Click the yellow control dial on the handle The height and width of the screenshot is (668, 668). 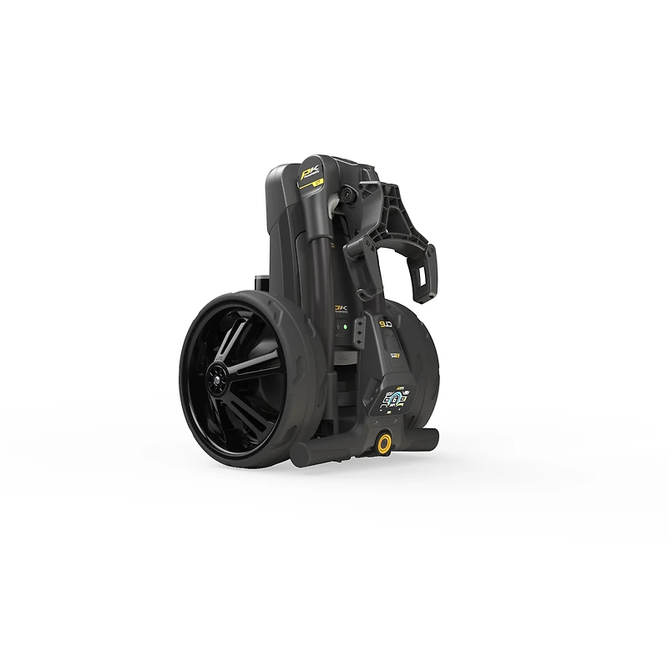(385, 443)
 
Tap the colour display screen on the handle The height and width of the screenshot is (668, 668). (393, 402)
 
